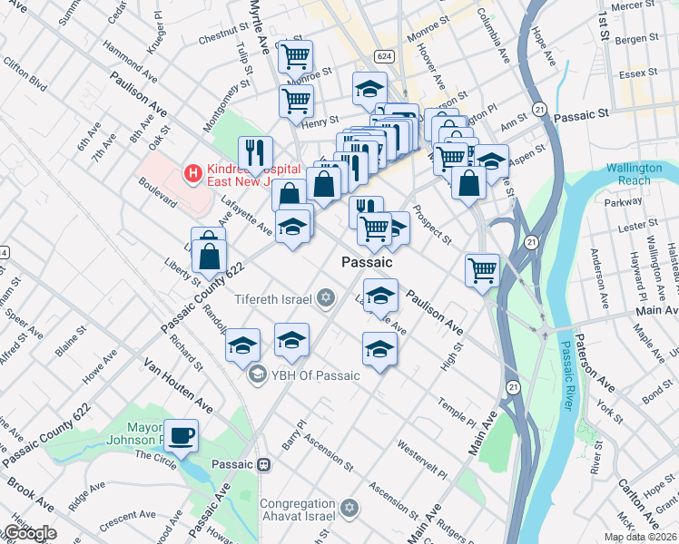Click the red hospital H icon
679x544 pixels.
click(192, 171)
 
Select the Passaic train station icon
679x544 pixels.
click(263, 464)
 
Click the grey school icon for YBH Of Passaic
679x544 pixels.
click(257, 374)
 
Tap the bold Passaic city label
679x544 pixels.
click(367, 261)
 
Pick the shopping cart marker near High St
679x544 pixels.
click(482, 269)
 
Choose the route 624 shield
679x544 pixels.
click(385, 55)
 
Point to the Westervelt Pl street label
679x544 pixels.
click(423, 461)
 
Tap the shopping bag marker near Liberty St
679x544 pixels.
click(210, 256)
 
